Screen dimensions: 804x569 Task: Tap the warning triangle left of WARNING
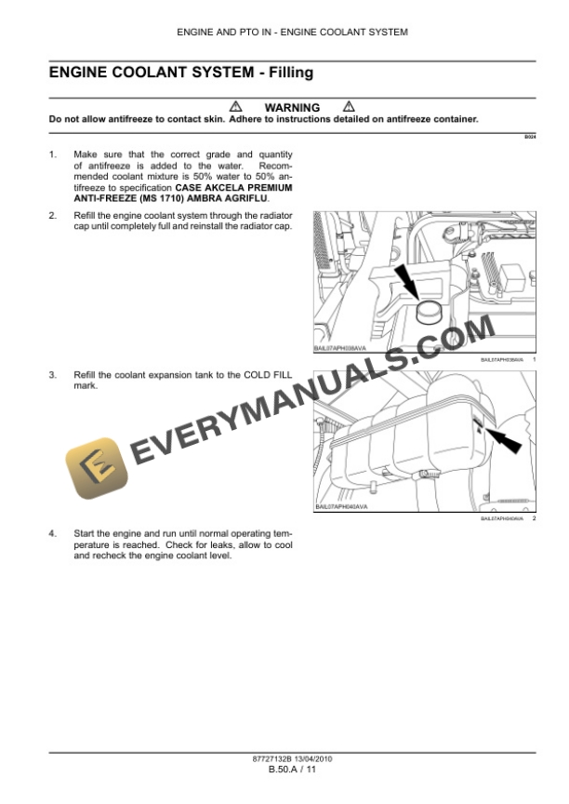point(235,107)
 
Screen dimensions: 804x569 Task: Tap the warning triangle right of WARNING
point(348,107)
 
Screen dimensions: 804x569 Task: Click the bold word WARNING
point(292,108)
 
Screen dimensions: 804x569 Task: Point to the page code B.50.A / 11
point(285,770)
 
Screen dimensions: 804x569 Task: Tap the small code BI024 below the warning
point(529,137)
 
